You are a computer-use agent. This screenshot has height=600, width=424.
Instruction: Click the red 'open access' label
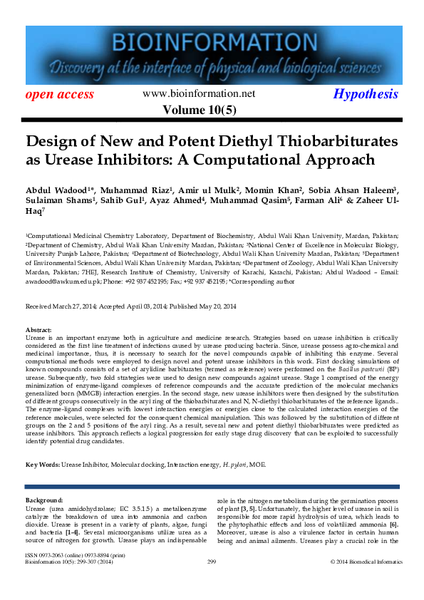(x=59, y=94)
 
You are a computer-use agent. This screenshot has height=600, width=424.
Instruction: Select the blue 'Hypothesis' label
(x=366, y=94)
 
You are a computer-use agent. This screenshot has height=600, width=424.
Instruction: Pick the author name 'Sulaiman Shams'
(x=53, y=202)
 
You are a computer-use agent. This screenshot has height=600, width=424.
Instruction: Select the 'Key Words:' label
(x=42, y=465)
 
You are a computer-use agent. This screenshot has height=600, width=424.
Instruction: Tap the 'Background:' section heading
(x=44, y=500)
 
